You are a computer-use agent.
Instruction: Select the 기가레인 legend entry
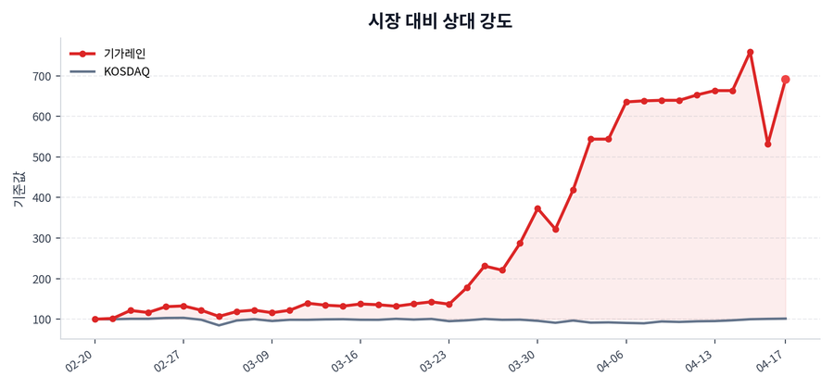[124, 54]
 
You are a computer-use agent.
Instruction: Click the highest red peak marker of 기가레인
[750, 52]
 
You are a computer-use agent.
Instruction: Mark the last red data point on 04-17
[786, 80]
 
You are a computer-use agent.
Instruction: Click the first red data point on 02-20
[95, 319]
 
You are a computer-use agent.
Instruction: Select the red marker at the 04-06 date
[626, 102]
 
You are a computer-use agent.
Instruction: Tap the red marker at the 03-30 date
[537, 208]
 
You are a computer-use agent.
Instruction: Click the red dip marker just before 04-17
[768, 144]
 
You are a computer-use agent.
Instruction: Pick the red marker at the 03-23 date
[449, 304]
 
